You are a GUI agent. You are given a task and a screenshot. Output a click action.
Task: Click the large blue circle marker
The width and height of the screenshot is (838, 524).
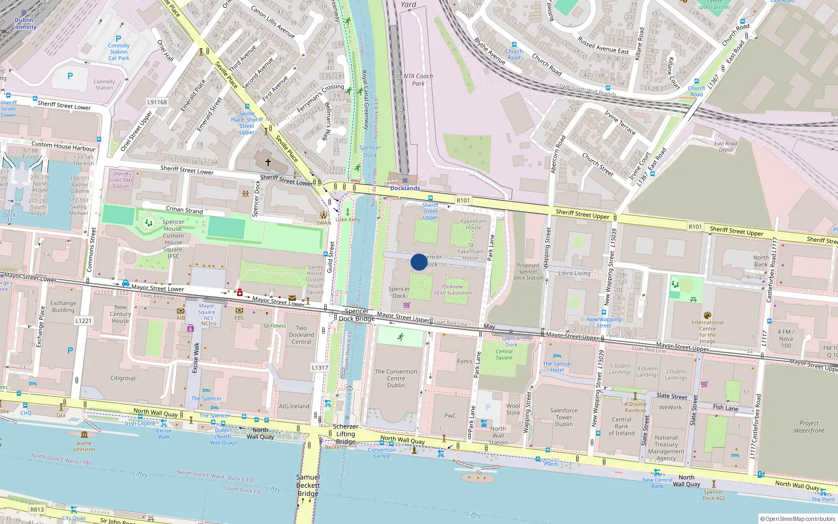[x=419, y=262]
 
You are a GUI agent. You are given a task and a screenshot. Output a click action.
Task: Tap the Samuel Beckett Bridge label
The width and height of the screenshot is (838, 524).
[x=308, y=485]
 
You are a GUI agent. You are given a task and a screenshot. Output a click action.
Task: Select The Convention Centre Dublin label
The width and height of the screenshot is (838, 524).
[x=396, y=378]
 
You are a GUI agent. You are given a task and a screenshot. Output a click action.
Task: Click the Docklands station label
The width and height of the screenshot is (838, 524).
[x=405, y=188]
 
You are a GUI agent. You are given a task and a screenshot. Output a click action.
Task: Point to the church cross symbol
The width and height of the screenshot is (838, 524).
[x=268, y=162]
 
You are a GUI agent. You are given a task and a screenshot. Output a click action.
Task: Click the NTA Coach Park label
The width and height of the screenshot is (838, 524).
[x=418, y=80]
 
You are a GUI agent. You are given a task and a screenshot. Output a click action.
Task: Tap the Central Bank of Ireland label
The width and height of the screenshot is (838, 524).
[x=622, y=426]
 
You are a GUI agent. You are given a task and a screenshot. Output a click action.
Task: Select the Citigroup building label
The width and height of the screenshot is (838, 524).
[x=123, y=378]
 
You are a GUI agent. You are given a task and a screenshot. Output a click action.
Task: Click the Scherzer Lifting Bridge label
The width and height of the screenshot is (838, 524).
[x=346, y=434]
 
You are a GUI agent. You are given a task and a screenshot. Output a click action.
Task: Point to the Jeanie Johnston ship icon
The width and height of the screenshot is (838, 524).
[x=84, y=434]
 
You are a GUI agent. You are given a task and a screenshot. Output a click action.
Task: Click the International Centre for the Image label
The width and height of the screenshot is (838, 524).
[x=707, y=332]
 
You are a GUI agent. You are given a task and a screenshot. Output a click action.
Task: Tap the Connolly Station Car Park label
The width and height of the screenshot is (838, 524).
[x=119, y=51]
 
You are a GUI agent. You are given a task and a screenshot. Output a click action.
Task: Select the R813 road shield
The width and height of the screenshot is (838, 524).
[x=37, y=509]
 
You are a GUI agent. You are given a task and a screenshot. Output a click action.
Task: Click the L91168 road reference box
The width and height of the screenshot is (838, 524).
[x=157, y=102]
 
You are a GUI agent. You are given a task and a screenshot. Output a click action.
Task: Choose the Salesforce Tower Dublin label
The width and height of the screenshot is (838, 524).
[x=564, y=417]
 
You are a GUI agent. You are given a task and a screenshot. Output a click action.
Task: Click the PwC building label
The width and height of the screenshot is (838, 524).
[x=450, y=416]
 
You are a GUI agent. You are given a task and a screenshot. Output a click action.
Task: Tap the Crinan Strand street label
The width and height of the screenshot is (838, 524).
[x=184, y=210]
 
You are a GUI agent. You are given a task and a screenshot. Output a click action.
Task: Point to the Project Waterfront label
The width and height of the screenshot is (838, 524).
[x=809, y=427]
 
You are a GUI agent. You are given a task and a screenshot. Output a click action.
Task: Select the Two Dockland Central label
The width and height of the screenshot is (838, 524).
[x=301, y=335]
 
